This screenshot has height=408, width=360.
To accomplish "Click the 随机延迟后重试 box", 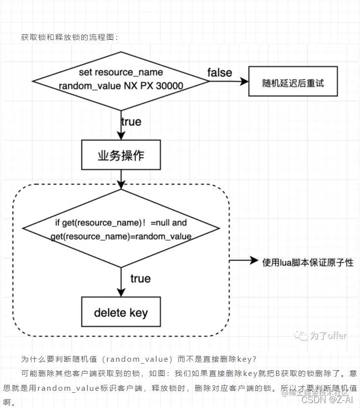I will [293, 82].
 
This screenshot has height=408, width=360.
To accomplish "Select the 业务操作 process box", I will [121, 155].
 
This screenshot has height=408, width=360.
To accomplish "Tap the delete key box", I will [121, 313].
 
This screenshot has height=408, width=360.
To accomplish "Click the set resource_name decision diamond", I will [121, 80].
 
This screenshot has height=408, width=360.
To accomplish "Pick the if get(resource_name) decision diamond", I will [121, 230].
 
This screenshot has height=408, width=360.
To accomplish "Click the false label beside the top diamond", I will [220, 73].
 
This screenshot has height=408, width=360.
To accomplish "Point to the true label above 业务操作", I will [131, 122].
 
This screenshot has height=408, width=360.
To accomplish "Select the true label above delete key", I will [140, 279].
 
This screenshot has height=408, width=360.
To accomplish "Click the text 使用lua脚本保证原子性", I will [308, 261].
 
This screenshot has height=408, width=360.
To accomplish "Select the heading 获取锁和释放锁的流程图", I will [69, 37].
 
